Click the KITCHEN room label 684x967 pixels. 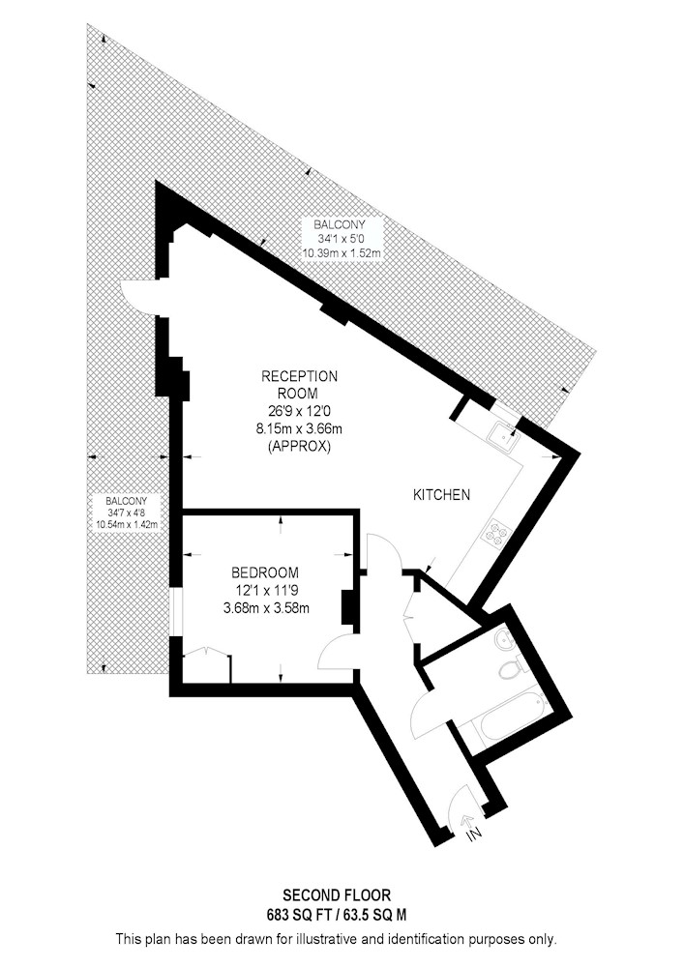click(441, 494)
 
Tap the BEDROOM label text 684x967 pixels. click(265, 572)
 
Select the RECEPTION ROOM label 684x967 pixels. click(299, 384)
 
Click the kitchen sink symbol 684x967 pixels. click(503, 437)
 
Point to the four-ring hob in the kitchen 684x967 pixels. click(497, 532)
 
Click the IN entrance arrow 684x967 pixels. click(471, 826)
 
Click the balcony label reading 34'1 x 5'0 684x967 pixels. click(340, 239)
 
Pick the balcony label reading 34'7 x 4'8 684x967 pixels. click(126, 513)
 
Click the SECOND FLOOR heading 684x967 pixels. click(337, 894)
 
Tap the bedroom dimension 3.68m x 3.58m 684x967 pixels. click(266, 608)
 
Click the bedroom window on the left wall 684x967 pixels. click(176, 610)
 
